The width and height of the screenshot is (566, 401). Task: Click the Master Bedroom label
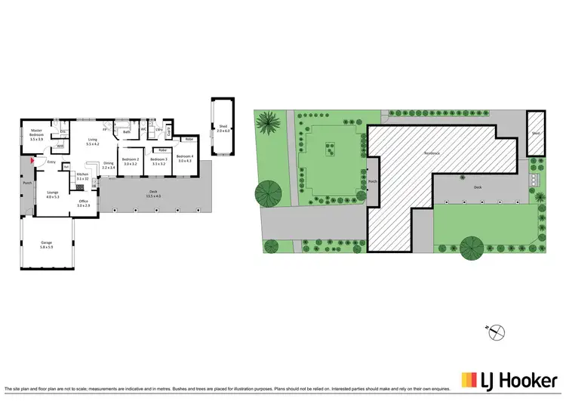[x=36, y=132]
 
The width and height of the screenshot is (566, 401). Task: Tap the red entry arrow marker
[x=31, y=160]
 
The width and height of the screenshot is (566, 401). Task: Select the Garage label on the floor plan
[x=46, y=242]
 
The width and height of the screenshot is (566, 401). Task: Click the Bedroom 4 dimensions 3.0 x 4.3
[x=184, y=161]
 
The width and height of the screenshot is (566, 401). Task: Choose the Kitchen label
[x=83, y=174]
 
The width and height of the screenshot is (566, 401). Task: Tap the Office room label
[x=83, y=201]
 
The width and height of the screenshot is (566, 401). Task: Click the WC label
[x=143, y=129]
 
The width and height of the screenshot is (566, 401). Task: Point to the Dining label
[x=108, y=163]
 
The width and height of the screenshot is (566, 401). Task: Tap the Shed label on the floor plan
[x=222, y=126]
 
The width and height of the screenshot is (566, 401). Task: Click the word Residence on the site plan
[x=431, y=153]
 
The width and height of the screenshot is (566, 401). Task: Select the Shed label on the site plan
[x=535, y=133]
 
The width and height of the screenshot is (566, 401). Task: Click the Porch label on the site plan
[x=371, y=181]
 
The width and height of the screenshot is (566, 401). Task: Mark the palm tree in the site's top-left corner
[x=267, y=123]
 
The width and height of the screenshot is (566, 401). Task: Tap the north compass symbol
[x=497, y=331]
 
